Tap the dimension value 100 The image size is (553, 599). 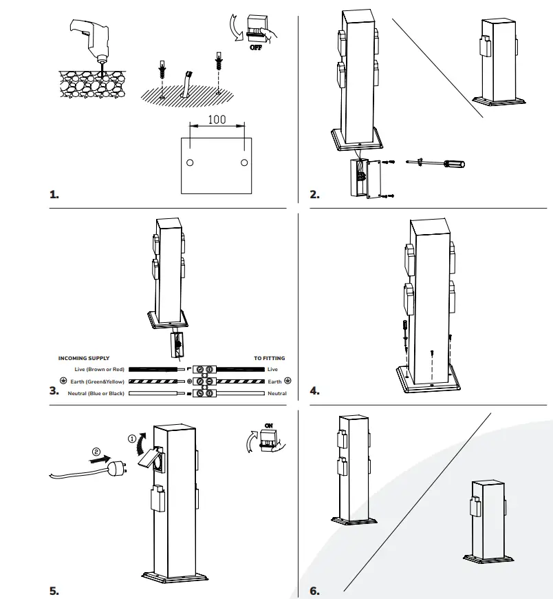217,119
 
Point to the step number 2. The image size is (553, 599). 314,195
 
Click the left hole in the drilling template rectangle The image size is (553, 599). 191,162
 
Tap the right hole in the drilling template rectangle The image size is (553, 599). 244,162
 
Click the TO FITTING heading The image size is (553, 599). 269,358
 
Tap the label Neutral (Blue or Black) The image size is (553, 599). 96,393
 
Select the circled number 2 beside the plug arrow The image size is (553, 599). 96,452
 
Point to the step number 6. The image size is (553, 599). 314,591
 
